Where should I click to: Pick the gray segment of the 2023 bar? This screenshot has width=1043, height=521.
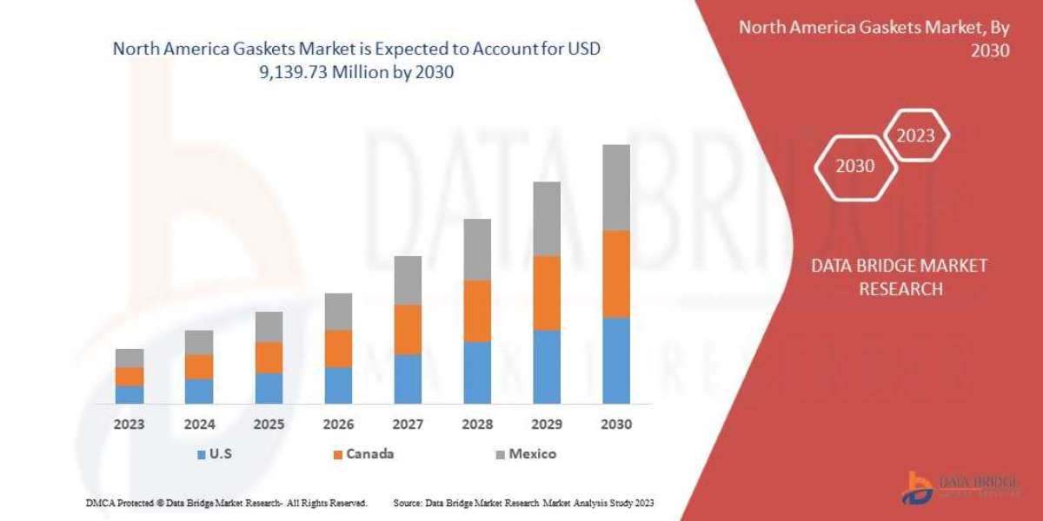130,358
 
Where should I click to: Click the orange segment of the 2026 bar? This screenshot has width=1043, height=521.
338,348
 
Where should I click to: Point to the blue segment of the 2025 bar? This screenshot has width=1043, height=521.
269,388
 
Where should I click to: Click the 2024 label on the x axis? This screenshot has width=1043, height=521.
199,425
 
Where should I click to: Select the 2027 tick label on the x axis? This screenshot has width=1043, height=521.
408,425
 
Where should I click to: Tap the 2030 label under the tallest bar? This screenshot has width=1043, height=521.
616,425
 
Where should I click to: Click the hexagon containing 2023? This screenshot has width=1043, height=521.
915,135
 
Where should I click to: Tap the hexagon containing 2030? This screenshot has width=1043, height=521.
855,166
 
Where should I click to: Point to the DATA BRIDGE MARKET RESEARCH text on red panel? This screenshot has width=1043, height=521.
900,277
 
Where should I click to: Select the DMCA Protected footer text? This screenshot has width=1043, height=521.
227,503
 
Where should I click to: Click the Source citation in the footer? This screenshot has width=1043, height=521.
523,503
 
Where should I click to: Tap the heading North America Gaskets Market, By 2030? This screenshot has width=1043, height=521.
874,38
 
